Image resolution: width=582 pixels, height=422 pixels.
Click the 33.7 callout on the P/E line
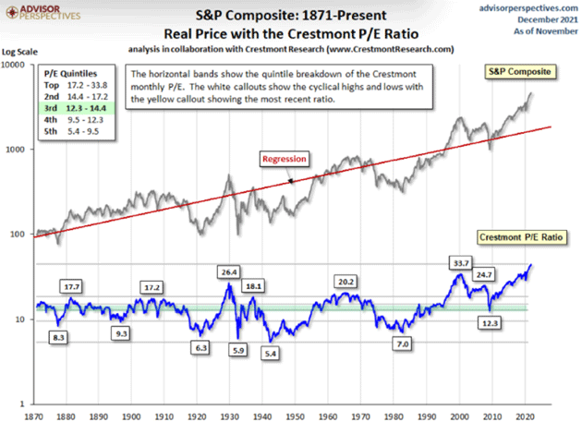tap(457, 263)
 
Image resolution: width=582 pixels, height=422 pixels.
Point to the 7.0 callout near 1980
tap(403, 344)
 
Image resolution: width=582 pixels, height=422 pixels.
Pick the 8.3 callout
tap(58, 338)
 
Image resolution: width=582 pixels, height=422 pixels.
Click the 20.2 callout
tap(346, 281)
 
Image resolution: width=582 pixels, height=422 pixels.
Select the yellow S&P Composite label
tap(518, 71)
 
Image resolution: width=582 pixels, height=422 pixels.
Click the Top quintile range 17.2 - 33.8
tap(90, 82)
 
